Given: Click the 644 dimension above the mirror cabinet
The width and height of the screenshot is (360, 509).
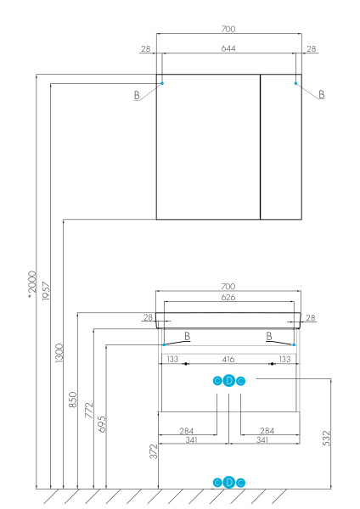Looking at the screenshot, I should (x=228, y=48).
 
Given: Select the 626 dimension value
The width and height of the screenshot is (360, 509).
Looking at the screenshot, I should (x=228, y=298).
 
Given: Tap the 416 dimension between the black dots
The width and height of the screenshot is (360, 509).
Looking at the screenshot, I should (x=228, y=360).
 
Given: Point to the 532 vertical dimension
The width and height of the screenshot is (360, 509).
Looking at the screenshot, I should (x=327, y=438).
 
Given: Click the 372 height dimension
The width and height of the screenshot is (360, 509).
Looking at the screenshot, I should (x=154, y=451).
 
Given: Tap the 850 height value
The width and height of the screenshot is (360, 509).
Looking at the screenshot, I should (x=73, y=400).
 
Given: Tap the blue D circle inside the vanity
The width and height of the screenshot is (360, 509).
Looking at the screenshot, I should (x=228, y=381).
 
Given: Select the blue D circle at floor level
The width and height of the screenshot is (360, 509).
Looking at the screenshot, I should (x=228, y=483).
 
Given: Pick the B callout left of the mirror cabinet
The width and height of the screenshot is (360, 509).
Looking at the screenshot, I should (x=136, y=96).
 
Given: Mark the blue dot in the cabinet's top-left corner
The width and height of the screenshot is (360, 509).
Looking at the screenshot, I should (x=161, y=83).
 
